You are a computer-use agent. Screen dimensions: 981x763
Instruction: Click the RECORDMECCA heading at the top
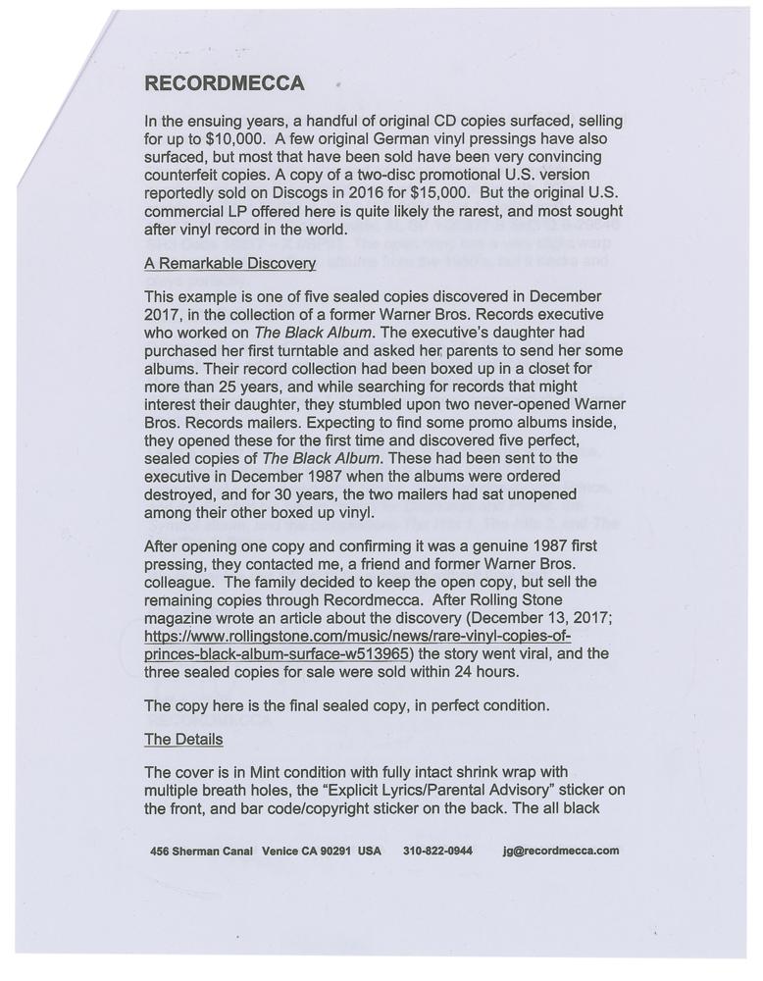224,83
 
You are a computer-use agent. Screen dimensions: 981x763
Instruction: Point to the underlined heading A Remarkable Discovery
229,264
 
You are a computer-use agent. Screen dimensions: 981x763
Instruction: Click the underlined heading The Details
183,739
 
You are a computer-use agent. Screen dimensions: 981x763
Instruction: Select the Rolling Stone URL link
358,645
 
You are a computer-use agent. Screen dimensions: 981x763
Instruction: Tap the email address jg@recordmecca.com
560,851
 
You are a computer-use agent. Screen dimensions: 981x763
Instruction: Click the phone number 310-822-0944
437,851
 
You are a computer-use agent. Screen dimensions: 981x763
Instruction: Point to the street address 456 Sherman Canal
202,851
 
